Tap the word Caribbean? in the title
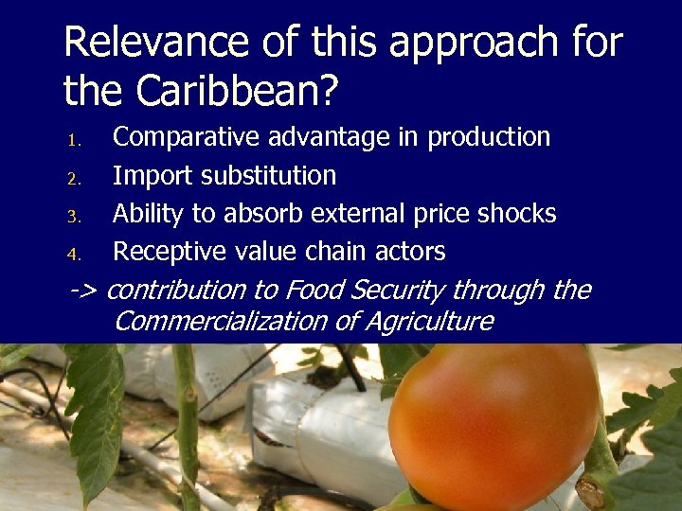click(x=239, y=91)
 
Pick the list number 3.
click(x=76, y=217)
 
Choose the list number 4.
click(x=76, y=255)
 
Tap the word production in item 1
click(x=489, y=138)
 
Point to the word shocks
click(x=517, y=214)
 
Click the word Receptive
click(x=171, y=252)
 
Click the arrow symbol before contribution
click(x=86, y=290)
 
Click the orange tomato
click(x=493, y=426)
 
